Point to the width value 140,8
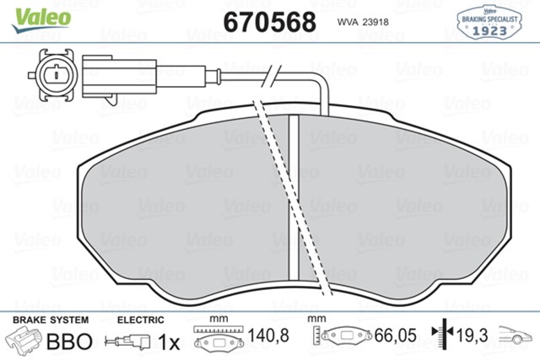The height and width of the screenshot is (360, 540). pos(272,336)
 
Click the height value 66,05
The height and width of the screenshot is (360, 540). pos(397,336)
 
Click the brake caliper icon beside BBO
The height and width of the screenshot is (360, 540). pos(24,341)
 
